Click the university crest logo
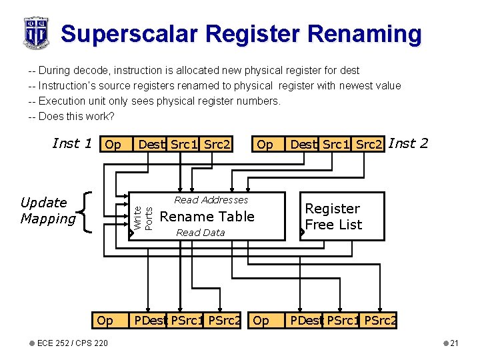[36, 32]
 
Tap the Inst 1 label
[71, 143]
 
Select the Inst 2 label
[408, 143]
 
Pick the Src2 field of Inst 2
[369, 145]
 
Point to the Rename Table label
[207, 217]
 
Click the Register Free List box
[342, 216]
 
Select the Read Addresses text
[211, 200]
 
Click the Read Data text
[200, 233]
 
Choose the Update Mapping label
[48, 211]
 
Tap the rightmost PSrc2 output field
[381, 321]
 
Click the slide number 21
[453, 343]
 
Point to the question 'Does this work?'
[71, 117]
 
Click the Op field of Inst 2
[265, 145]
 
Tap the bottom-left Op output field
[105, 321]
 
